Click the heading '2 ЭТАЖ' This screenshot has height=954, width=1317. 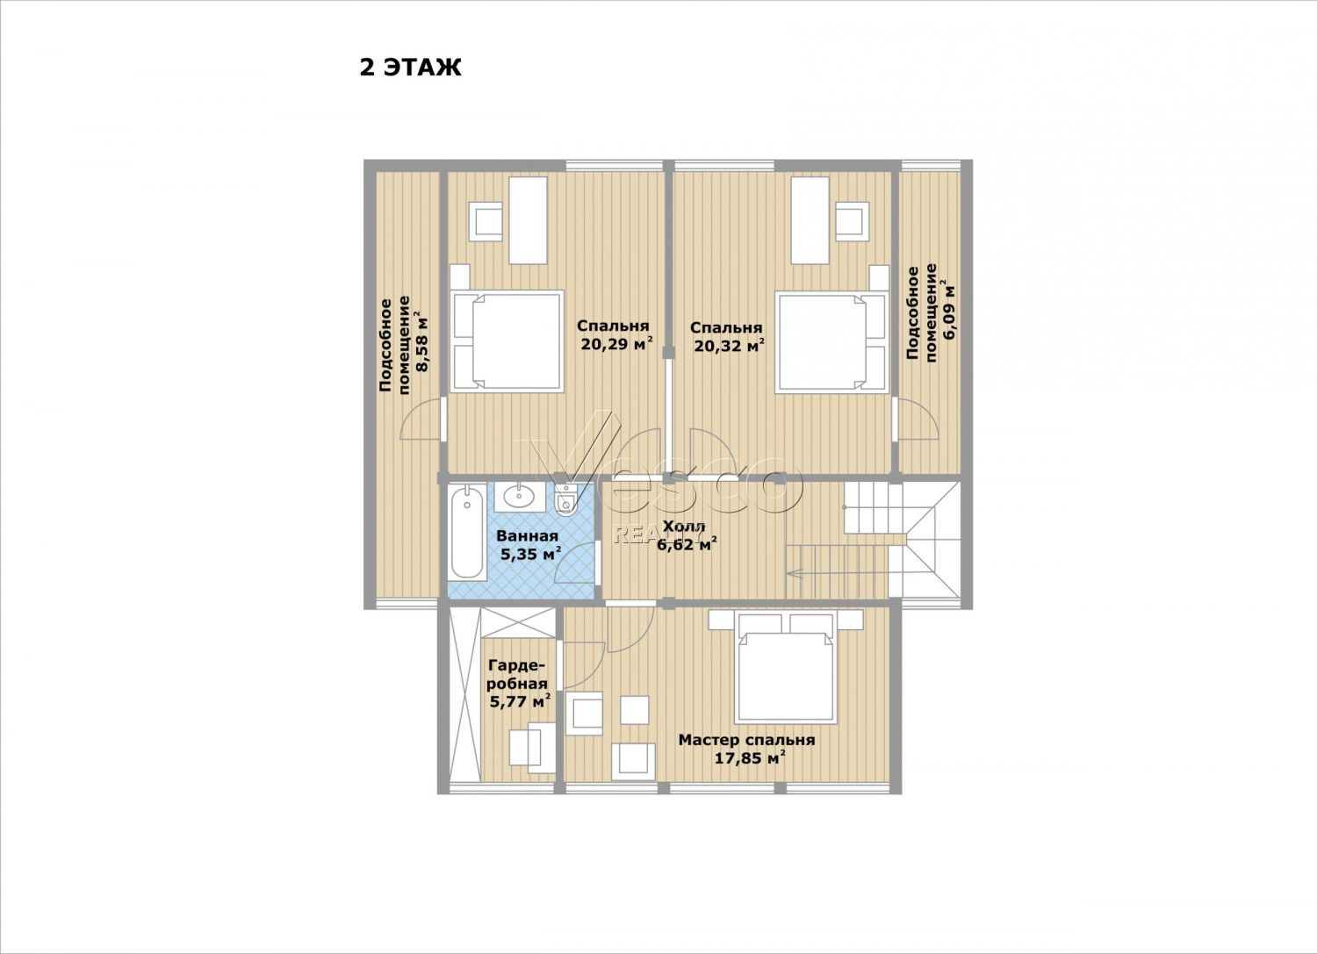point(410,68)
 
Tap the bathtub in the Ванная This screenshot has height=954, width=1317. point(467,532)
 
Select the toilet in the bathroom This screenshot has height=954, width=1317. point(566,500)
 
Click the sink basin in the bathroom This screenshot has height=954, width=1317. point(520,498)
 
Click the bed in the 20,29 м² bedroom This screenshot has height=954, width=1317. point(507,341)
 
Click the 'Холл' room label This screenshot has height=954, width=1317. point(684,526)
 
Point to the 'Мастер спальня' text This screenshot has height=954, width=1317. point(746,740)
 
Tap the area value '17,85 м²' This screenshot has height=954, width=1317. point(750,758)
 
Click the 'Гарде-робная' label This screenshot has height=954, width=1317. point(517,675)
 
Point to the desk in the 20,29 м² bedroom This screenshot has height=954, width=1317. point(528,219)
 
